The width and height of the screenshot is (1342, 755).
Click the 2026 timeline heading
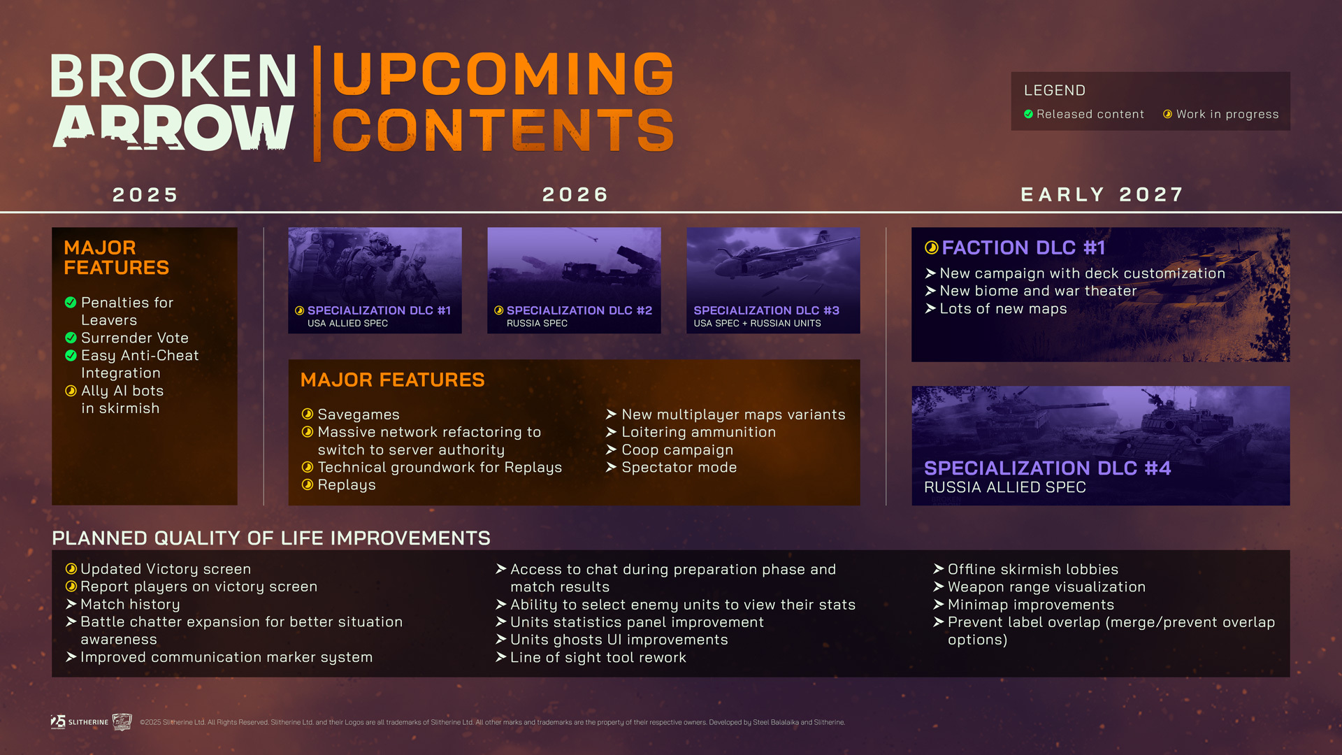point(575,194)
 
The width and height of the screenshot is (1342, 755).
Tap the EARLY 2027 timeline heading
point(1102,194)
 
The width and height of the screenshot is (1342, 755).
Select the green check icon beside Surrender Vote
point(71,338)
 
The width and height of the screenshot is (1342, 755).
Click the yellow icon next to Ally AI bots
point(71,391)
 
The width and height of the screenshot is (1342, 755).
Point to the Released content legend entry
point(1084,114)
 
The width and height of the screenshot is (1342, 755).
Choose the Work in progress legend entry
point(1221,114)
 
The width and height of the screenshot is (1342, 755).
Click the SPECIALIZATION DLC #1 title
point(379,310)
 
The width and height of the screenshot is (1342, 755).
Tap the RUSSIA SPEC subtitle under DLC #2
point(537,323)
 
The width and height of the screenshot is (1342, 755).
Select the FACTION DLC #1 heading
point(1023,247)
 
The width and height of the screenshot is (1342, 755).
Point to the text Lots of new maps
point(1003,308)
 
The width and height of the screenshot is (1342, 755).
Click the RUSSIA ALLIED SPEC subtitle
point(1005,487)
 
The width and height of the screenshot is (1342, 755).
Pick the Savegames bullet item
point(359,415)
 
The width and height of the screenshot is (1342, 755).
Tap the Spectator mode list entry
point(679,467)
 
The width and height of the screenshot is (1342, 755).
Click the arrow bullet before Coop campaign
point(611,450)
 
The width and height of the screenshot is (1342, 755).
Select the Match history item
point(130,604)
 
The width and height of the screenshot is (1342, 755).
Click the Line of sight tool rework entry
point(598,657)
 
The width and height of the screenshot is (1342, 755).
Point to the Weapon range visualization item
point(1046,587)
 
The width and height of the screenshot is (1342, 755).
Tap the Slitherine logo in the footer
point(80,721)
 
